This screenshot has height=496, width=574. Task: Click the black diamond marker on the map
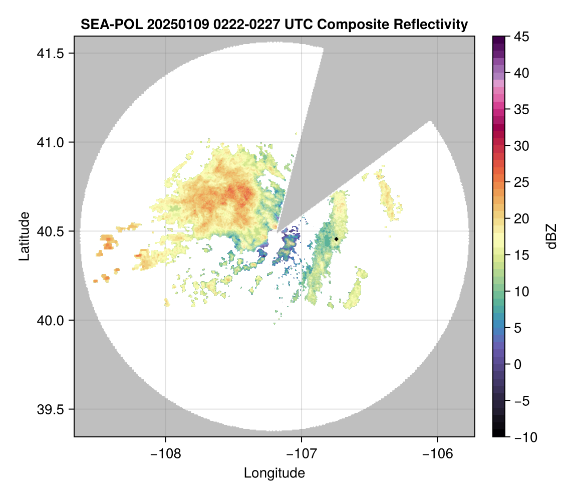(x=336, y=239)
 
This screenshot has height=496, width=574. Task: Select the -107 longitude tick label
(x=302, y=453)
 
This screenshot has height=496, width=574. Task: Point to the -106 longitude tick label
(x=438, y=453)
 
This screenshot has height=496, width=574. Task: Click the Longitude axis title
(x=274, y=473)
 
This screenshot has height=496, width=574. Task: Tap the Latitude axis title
(x=24, y=236)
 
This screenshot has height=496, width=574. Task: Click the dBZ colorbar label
(x=552, y=236)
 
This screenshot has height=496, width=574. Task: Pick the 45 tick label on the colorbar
(x=521, y=37)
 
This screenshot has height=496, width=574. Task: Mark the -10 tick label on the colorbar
(x=523, y=437)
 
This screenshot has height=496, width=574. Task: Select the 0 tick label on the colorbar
(x=518, y=365)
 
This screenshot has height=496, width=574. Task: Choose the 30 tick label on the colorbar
(x=521, y=146)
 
